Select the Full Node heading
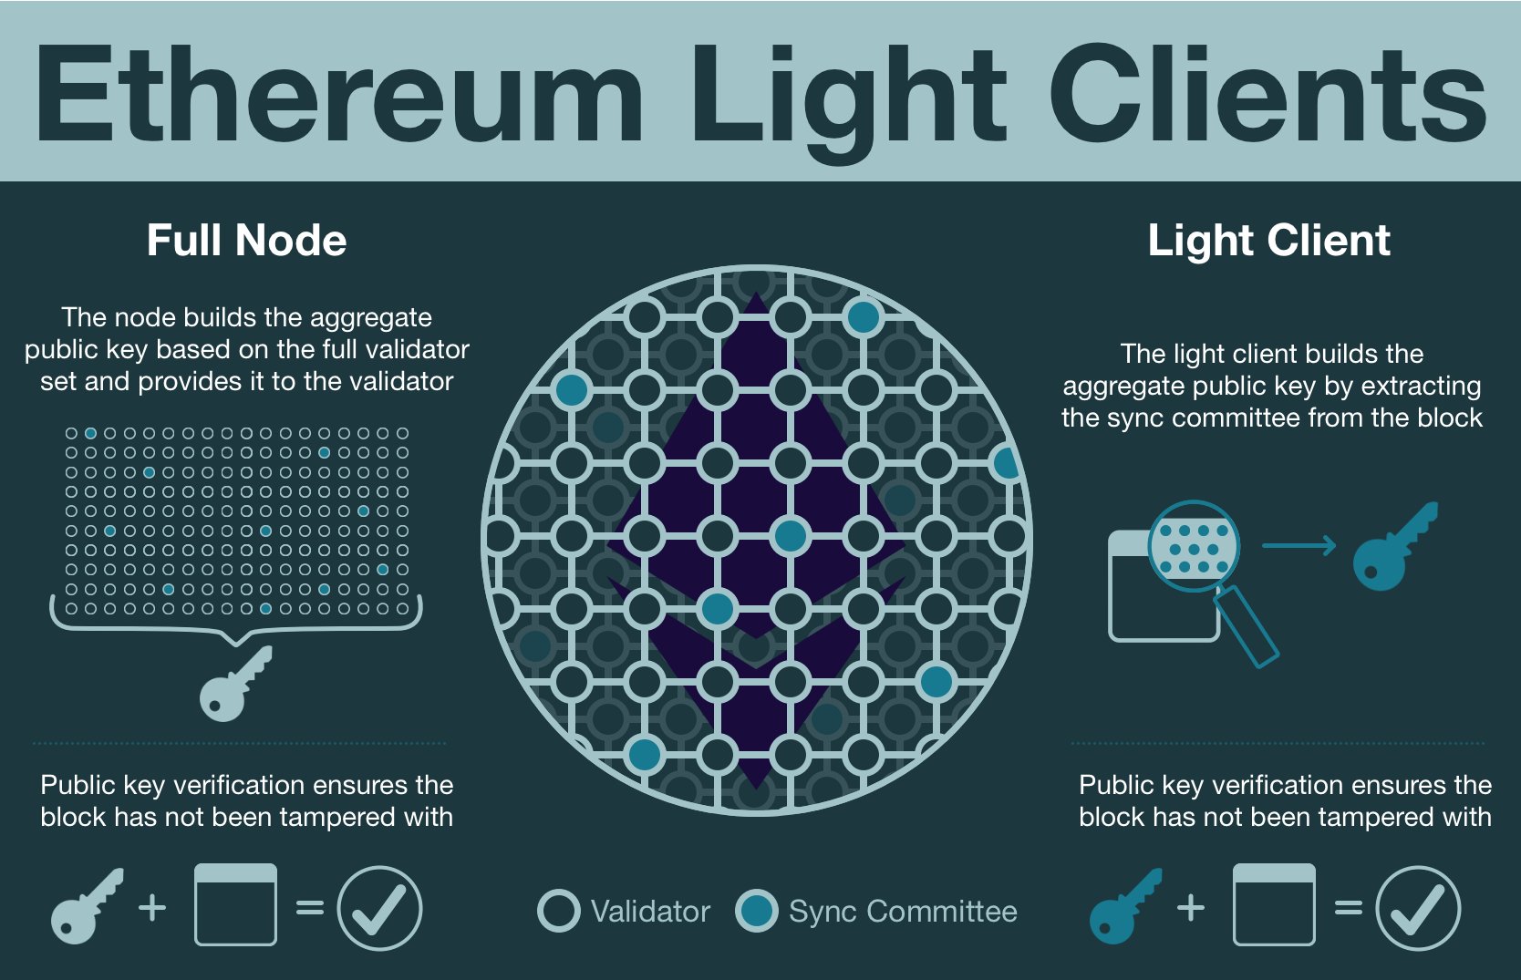(246, 241)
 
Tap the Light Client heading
(1268, 241)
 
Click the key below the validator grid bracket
(233, 686)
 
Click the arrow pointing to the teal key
(1299, 546)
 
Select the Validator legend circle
(558, 911)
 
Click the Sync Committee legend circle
(757, 911)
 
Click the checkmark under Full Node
(379, 908)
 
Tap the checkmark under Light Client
(1418, 908)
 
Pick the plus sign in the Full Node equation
(152, 907)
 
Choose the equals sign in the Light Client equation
(1348, 907)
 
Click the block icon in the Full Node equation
(235, 904)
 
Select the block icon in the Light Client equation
(1273, 904)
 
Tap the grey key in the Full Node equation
(85, 907)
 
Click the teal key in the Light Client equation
(1123, 907)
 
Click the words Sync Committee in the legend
(903, 911)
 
